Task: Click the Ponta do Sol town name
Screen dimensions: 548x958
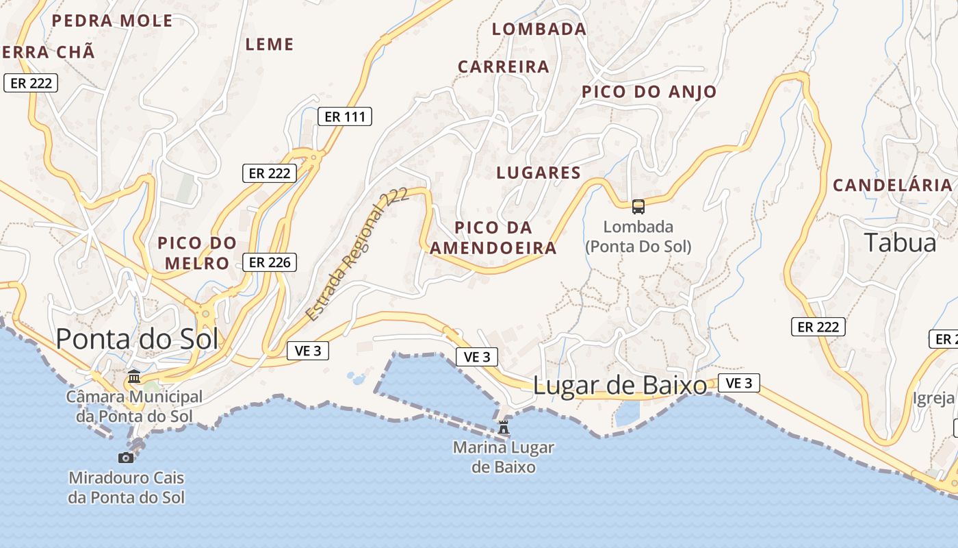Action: coord(137,339)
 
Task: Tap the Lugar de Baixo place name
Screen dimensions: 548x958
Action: coord(619,386)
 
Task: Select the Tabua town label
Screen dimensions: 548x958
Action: coord(900,242)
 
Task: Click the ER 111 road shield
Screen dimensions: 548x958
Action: coord(345,117)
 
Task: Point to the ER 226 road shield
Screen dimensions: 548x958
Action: coord(270,262)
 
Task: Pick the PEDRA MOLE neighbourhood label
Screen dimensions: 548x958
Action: coord(112,21)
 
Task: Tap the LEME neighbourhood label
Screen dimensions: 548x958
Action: coord(270,45)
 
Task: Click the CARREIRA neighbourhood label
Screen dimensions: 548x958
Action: coord(504,66)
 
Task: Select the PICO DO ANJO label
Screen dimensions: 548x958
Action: coord(649,92)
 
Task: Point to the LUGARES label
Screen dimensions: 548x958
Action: coord(539,173)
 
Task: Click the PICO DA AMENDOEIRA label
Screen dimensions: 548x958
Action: coord(493,238)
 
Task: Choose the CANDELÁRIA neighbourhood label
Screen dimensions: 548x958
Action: coord(892,185)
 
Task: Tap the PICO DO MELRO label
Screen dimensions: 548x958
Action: coord(197,253)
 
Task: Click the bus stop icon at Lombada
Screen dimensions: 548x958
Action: coord(638,206)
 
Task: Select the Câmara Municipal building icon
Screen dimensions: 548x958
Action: coord(134,377)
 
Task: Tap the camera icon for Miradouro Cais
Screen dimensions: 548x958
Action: coord(126,457)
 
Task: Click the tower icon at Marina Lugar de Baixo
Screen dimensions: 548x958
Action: coord(504,427)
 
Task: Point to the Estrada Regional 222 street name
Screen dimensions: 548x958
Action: coord(357,254)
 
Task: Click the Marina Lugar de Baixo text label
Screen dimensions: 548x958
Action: coord(504,458)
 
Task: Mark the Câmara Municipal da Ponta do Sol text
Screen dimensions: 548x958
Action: coord(134,406)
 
